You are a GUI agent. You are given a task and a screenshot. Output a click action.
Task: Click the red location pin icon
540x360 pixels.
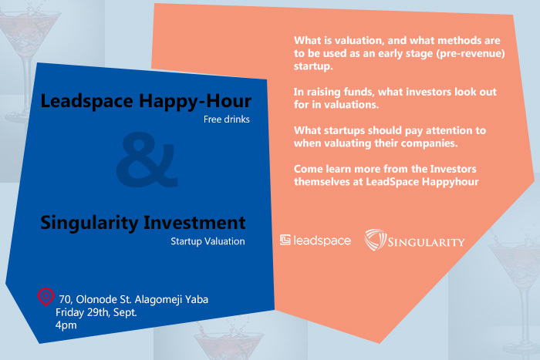click(46, 297)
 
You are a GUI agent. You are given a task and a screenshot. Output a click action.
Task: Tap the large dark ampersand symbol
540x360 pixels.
click(147, 160)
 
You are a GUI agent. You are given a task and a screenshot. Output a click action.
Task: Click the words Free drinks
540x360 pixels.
click(226, 119)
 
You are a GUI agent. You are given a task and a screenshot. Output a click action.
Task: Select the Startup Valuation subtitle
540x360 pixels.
click(208, 241)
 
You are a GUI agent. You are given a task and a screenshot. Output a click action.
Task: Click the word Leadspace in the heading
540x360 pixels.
click(86, 101)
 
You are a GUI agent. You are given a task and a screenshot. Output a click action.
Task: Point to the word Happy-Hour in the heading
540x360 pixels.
click(195, 101)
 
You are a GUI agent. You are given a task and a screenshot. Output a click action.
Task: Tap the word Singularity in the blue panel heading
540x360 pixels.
click(89, 223)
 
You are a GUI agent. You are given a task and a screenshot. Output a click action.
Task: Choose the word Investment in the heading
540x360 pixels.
click(194, 222)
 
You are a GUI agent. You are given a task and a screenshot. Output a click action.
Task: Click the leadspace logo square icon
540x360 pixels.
click(285, 240)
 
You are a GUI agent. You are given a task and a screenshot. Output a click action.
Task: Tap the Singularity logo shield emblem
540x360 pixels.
click(375, 240)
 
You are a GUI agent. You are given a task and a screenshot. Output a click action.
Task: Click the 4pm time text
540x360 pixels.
click(66, 325)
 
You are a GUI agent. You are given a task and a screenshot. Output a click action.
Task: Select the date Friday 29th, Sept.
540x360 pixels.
click(96, 312)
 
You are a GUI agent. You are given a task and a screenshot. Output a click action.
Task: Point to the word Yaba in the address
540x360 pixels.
click(197, 299)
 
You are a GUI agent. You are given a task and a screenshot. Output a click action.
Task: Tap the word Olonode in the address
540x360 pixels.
click(96, 299)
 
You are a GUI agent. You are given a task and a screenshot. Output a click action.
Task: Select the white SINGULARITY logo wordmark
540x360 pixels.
click(426, 242)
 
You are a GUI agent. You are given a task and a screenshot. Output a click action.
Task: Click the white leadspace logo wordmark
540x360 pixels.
click(322, 241)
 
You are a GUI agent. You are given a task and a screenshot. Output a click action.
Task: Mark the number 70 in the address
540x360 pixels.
click(65, 299)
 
